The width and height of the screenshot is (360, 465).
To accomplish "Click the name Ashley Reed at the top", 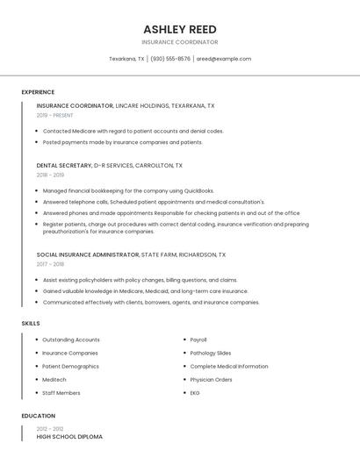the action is click(180, 29).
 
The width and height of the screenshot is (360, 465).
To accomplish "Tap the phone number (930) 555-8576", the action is click(170, 59).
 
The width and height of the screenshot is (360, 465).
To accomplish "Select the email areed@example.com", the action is click(224, 59).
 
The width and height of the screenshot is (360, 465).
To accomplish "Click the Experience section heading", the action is click(38, 92).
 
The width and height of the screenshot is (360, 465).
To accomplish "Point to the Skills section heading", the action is click(30, 323).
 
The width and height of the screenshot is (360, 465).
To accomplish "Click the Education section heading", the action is click(38, 416).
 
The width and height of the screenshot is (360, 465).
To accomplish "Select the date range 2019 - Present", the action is click(54, 115).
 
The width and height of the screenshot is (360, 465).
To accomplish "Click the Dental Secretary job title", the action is click(64, 165).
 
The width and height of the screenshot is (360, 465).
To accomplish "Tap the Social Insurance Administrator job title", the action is click(88, 254).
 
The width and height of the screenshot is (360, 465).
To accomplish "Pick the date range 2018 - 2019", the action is click(50, 175).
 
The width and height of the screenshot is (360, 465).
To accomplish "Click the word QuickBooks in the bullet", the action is click(198, 190).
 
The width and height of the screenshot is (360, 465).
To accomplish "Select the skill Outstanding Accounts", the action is click(71, 340).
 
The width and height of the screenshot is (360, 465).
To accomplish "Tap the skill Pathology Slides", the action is click(211, 353).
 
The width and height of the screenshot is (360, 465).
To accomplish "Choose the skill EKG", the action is click(195, 393).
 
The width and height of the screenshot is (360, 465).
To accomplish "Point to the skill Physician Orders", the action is click(212, 380).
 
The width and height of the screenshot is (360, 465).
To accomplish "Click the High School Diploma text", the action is click(69, 436).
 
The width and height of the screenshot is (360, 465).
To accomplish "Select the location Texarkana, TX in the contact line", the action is click(126, 59).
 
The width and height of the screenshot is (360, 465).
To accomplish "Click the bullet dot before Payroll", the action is click(183, 340).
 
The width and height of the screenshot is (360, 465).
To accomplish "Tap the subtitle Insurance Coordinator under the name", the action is click(180, 42).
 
